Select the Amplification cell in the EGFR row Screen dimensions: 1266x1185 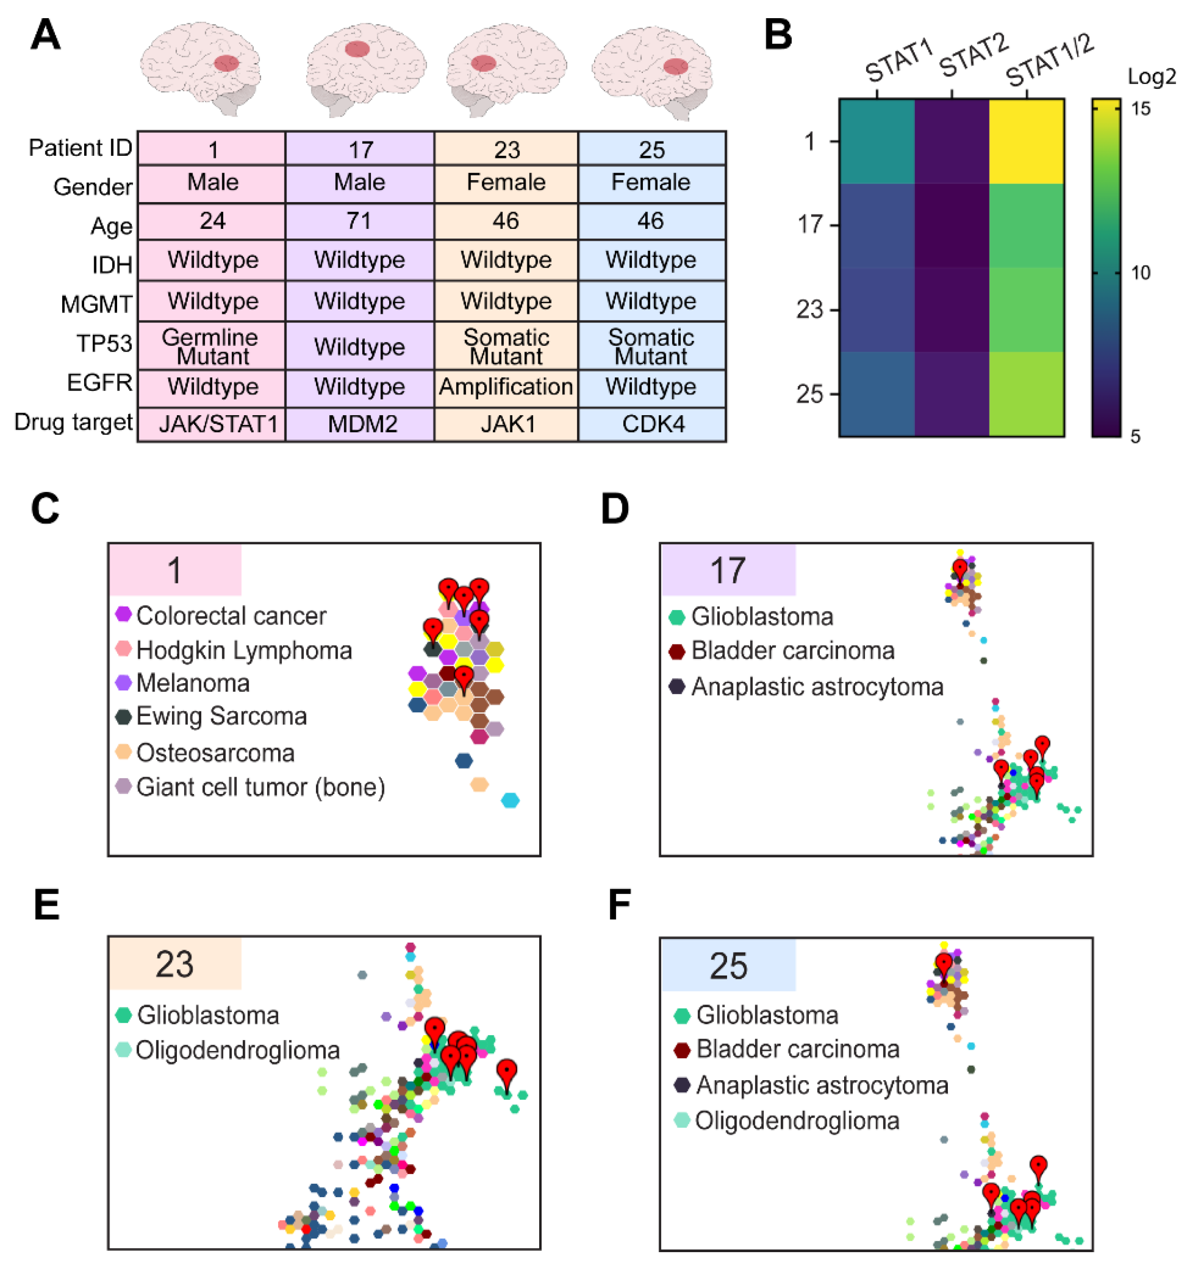506,387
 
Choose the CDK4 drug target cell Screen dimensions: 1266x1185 653,424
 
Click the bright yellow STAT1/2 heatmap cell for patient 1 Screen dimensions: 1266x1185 1026,141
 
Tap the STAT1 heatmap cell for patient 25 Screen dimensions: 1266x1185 877,394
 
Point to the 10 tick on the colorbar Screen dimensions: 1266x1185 1141,273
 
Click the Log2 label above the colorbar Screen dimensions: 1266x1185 1151,76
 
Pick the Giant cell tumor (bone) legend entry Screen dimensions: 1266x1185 260,787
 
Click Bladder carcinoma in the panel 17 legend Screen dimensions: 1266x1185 792,651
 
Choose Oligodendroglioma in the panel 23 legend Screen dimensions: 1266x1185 237,1050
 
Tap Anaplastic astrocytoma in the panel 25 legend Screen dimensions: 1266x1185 822,1085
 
